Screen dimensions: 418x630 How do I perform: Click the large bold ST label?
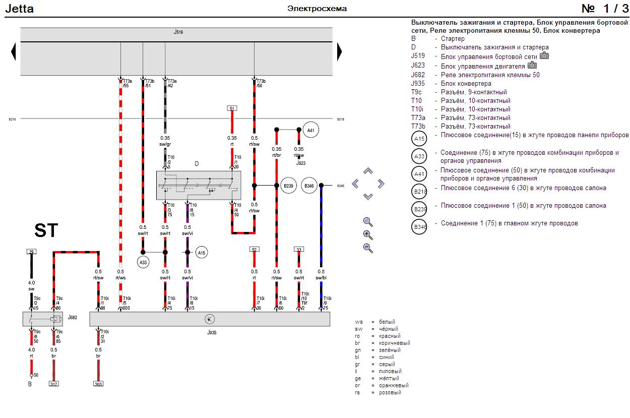[x=46, y=230]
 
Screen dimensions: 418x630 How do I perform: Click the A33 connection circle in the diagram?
[x=143, y=262]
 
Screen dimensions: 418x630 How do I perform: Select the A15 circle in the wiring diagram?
[x=202, y=253]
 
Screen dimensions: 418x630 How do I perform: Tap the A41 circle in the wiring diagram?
[x=311, y=130]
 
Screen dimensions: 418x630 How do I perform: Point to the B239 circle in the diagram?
[x=288, y=186]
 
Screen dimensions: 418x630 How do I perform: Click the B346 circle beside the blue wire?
[x=309, y=186]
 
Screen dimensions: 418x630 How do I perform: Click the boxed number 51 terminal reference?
[x=232, y=108]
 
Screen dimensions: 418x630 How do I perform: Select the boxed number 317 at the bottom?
[x=54, y=384]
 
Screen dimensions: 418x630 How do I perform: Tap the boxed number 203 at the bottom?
[x=98, y=384]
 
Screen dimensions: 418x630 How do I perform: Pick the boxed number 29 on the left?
[x=31, y=251]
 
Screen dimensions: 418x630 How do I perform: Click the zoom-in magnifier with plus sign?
[x=368, y=234]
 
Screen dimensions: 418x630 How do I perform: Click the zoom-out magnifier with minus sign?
[x=368, y=248]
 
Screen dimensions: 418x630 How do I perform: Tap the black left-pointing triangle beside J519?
[x=14, y=51]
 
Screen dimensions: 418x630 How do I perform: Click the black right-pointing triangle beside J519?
[x=339, y=51]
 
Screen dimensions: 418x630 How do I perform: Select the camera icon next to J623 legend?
[x=532, y=66]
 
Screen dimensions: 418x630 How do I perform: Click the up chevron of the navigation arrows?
[x=368, y=171]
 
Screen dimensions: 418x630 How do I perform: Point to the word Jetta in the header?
[x=19, y=9]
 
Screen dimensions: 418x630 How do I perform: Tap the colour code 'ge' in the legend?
[x=358, y=378]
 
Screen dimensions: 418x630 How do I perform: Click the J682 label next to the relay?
[x=73, y=318]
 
